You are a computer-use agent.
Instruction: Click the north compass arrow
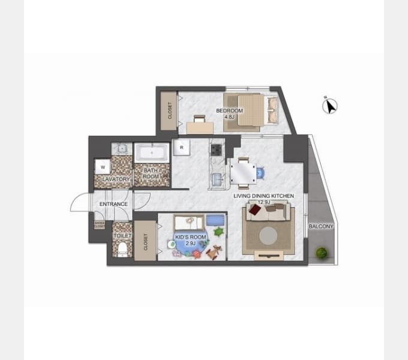point(329,106)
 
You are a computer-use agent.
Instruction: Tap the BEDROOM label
point(229,111)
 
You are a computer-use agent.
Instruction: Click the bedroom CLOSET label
point(170,110)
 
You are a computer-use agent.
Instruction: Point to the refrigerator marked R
point(181,147)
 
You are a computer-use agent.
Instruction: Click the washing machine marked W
point(103,167)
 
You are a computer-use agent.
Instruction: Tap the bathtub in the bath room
point(152,154)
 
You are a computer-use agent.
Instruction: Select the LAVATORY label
point(116,179)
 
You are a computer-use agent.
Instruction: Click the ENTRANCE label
point(113,204)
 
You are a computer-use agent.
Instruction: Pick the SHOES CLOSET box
point(100,225)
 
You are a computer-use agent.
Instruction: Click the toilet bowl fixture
point(123,247)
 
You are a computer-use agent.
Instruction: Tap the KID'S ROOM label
point(190,238)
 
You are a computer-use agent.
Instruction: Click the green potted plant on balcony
point(322,253)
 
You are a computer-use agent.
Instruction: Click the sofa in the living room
point(268,211)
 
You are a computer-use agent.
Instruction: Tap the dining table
point(243,173)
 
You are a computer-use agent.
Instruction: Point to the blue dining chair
point(259,173)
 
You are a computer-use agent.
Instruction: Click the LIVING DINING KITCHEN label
point(263,196)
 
